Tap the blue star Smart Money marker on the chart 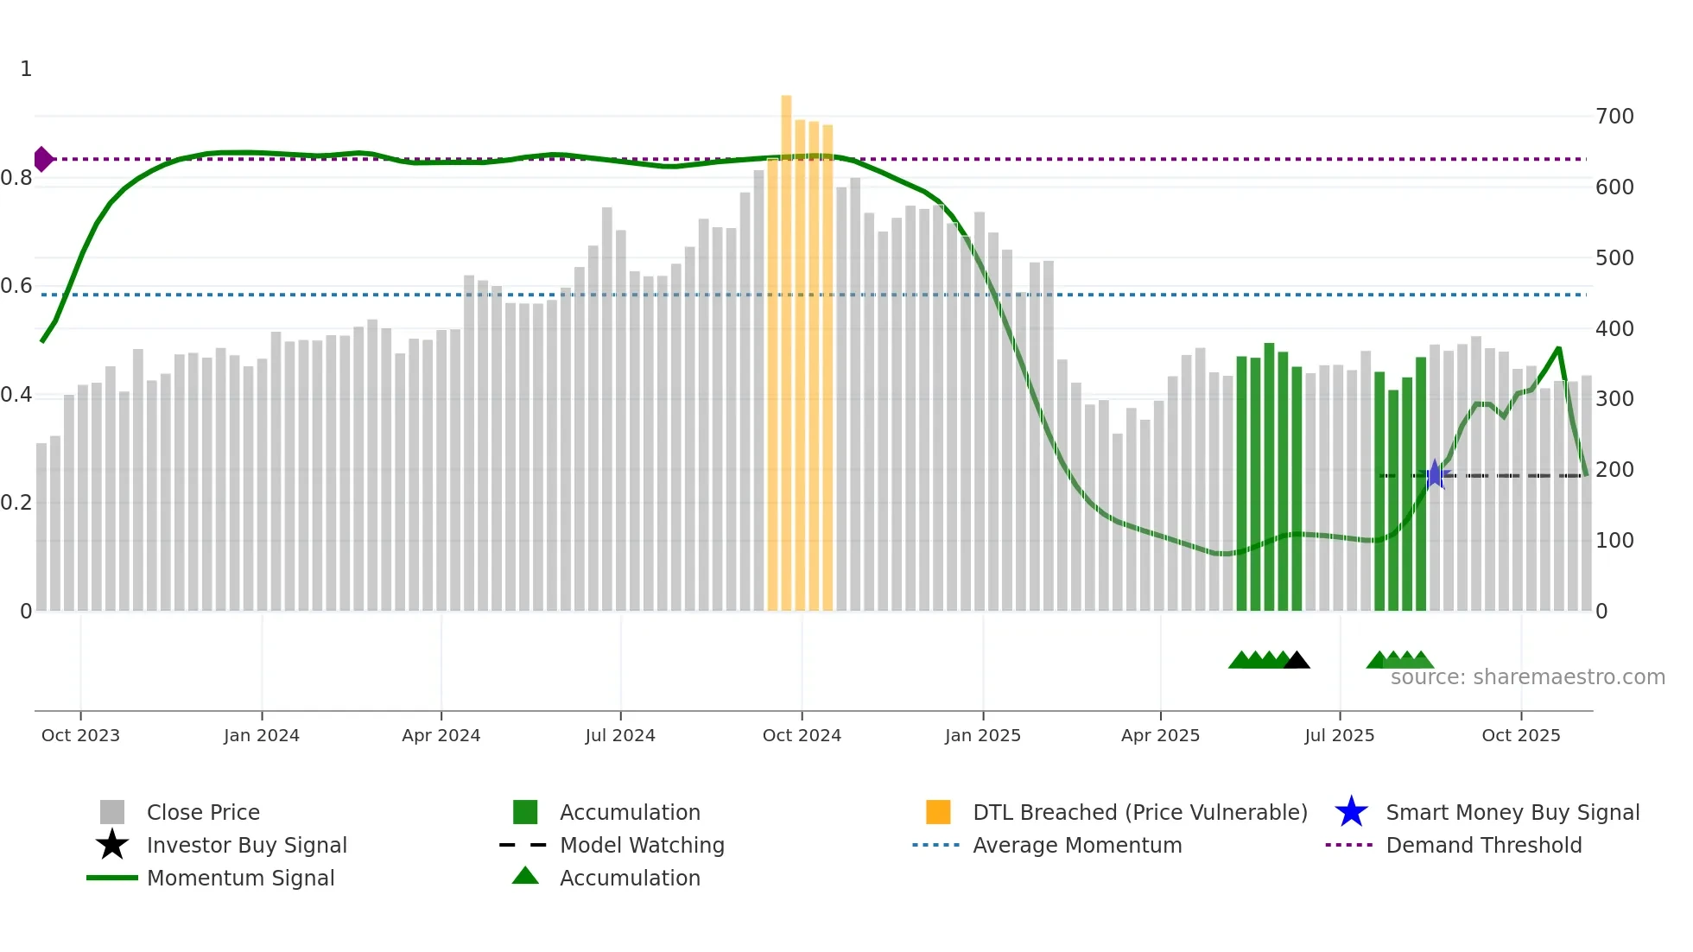(1435, 474)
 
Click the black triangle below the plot (1297, 661)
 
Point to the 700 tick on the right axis (1614, 117)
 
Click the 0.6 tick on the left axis (16, 286)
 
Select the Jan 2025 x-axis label (982, 735)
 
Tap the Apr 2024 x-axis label (441, 735)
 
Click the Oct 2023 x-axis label (80, 735)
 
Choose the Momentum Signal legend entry (240, 878)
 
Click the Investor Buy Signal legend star (112, 845)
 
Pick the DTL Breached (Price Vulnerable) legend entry (1139, 812)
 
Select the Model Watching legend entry (641, 845)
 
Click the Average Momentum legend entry (1076, 845)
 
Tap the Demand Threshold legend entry (1483, 845)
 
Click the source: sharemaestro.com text (1527, 677)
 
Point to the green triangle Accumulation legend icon (525, 877)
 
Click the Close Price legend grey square (112, 812)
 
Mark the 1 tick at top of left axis (26, 69)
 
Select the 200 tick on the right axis (1614, 470)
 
